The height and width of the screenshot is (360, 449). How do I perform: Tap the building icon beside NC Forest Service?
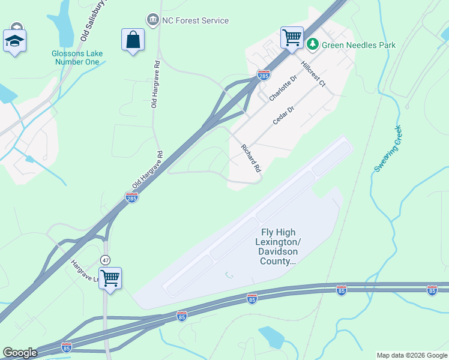tap(152, 20)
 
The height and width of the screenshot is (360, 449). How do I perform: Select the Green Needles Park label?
tap(352, 44)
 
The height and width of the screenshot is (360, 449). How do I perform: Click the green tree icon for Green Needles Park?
tap(313, 44)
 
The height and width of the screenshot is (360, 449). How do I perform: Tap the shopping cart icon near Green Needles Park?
tap(292, 37)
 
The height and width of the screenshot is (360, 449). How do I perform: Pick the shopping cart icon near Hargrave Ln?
tap(110, 278)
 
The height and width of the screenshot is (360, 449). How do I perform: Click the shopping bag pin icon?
tap(133, 40)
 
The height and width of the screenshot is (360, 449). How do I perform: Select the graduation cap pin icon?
tap(14, 41)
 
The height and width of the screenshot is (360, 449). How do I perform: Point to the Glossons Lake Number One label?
tap(77, 58)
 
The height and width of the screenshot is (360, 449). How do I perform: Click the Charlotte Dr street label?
tap(283, 88)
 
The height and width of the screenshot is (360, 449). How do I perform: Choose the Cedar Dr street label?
tap(285, 113)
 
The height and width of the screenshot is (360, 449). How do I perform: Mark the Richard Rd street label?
tap(252, 158)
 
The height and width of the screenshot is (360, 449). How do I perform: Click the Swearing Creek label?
tap(388, 148)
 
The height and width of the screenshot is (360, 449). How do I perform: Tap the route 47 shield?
tap(106, 260)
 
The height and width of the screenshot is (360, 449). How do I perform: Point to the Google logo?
tap(20, 353)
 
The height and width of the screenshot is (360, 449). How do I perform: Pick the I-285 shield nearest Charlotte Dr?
tap(264, 75)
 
